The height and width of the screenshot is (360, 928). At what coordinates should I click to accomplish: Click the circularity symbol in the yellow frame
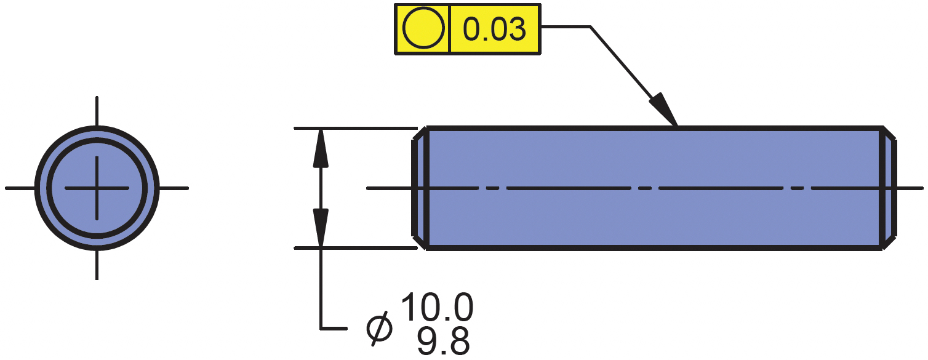click(x=423, y=30)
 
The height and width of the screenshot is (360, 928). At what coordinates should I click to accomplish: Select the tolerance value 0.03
click(x=495, y=30)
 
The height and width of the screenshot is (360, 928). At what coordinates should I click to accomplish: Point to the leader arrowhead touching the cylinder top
click(x=665, y=110)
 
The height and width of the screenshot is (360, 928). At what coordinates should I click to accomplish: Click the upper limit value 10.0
click(x=437, y=308)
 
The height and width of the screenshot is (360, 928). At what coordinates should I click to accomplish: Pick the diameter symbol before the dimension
click(x=379, y=328)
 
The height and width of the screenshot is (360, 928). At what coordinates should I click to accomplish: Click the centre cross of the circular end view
click(x=97, y=188)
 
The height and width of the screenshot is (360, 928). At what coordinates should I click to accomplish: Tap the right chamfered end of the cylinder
click(x=890, y=188)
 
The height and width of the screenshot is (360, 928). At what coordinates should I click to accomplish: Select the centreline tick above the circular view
click(x=97, y=111)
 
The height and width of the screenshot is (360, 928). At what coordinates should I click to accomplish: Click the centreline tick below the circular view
click(x=97, y=265)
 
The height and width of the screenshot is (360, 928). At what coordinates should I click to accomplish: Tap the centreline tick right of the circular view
click(x=174, y=188)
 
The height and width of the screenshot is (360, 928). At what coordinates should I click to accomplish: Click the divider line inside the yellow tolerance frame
click(x=450, y=30)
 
